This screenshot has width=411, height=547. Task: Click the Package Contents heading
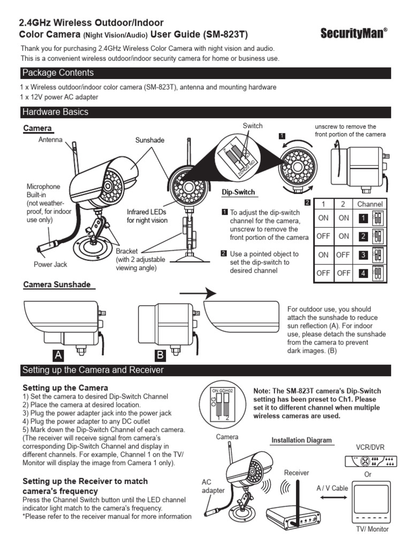pyautogui.click(x=58, y=73)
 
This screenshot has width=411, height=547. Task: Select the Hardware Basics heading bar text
pyautogui.click(x=55, y=112)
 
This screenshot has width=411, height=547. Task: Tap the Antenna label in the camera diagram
pyautogui.click(x=50, y=140)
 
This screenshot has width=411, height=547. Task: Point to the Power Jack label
pyautogui.click(x=50, y=264)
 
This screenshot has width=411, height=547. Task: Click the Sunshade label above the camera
pyautogui.click(x=149, y=140)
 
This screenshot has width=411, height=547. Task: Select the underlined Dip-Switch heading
pyautogui.click(x=238, y=192)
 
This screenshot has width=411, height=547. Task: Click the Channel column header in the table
pyautogui.click(x=369, y=204)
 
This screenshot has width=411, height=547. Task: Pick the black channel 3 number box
pyautogui.click(x=363, y=255)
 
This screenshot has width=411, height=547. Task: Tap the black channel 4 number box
pyautogui.click(x=363, y=273)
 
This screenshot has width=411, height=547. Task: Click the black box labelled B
pyautogui.click(x=159, y=355)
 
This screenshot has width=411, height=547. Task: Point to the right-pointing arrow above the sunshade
pyautogui.click(x=197, y=293)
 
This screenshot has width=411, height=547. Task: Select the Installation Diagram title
pyautogui.click(x=301, y=441)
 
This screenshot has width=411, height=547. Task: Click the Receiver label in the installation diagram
pyautogui.click(x=296, y=473)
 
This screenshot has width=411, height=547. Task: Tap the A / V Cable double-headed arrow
pyautogui.click(x=332, y=497)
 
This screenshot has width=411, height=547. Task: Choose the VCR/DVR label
pyautogui.click(x=371, y=447)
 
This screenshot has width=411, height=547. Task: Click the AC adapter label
pyautogui.click(x=214, y=486)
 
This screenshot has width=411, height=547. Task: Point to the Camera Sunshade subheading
pyautogui.click(x=57, y=285)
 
